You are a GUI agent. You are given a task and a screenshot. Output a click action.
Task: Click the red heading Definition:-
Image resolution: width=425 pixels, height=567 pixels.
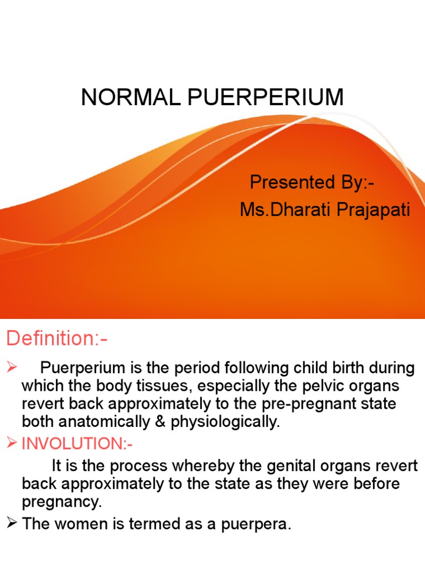coord(56,338)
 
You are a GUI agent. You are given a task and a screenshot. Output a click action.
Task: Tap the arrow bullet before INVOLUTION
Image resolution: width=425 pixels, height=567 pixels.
coord(12,444)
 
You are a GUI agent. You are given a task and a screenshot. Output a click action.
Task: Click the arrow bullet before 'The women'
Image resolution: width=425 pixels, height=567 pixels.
coord(12,524)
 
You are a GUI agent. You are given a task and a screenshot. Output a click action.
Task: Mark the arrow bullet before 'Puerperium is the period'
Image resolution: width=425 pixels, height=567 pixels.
coord(12,367)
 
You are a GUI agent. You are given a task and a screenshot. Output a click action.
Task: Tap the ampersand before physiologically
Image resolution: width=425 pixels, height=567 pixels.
coord(161,421)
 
